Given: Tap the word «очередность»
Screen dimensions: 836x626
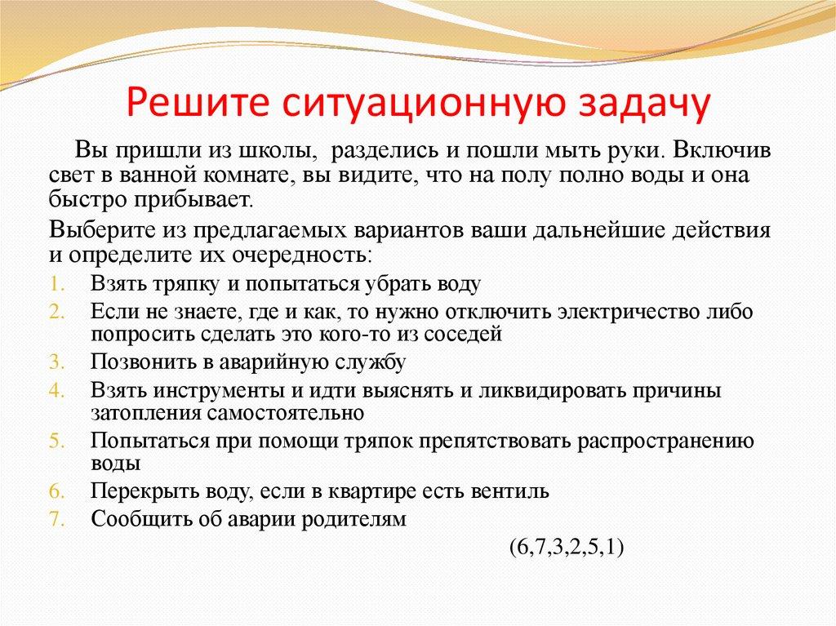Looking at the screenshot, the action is (300, 255).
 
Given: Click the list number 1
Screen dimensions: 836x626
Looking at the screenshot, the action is (56, 284).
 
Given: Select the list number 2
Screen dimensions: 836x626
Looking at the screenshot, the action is (56, 312).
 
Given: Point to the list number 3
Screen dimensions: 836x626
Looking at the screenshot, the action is (56, 362).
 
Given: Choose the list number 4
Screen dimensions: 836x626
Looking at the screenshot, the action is (56, 391).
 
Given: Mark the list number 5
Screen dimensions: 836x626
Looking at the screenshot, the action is (56, 442).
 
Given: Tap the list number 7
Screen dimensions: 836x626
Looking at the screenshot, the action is (56, 519).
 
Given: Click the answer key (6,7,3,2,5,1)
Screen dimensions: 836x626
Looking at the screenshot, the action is (567, 548).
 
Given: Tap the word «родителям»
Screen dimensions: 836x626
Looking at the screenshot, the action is (354, 519).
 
